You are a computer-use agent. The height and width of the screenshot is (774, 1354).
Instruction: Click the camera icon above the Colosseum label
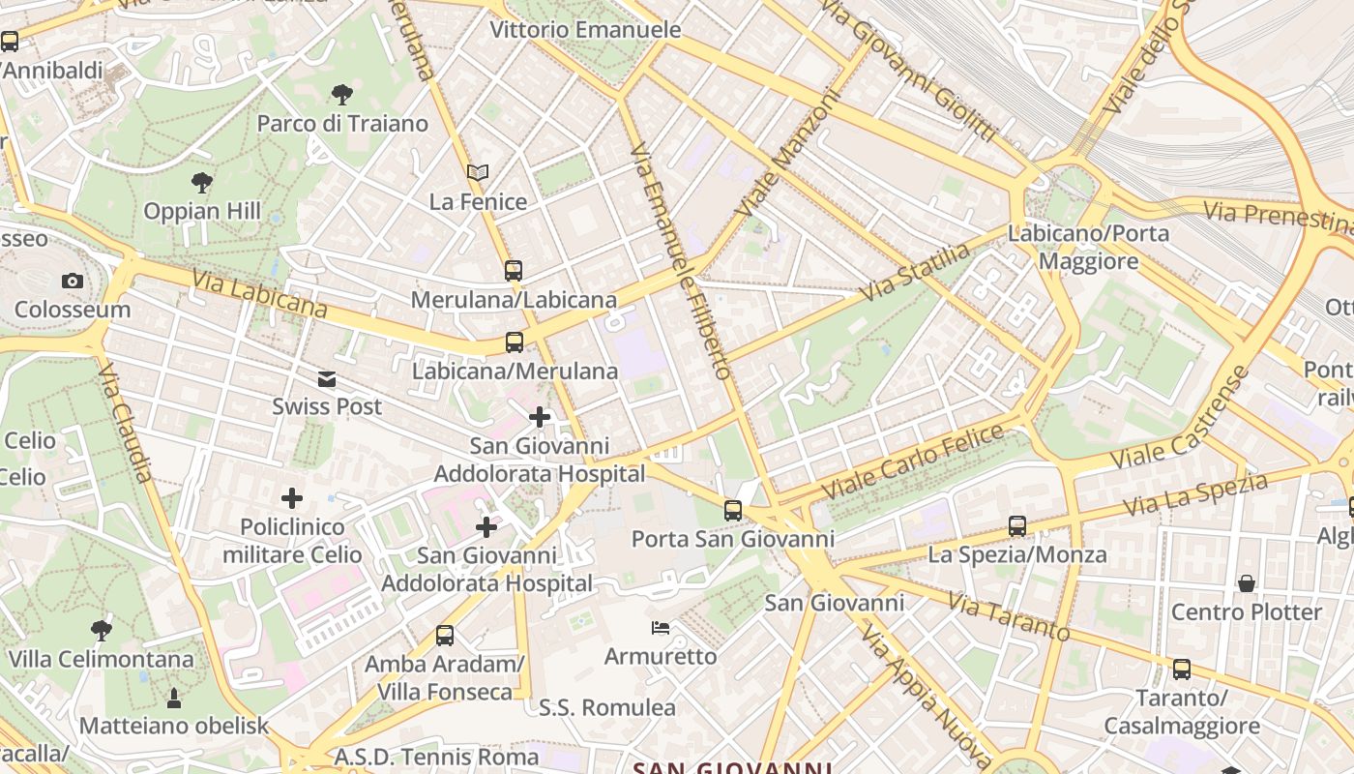pos(72,282)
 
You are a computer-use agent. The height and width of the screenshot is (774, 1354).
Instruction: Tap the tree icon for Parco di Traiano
pos(341,95)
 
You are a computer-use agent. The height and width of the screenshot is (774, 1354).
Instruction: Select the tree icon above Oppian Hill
pos(202,182)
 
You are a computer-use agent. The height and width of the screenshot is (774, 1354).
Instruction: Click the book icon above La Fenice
pos(478,173)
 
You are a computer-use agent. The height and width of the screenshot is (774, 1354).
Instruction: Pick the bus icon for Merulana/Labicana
pos(514,271)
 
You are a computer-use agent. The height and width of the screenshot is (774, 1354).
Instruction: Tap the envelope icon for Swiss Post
pos(327,379)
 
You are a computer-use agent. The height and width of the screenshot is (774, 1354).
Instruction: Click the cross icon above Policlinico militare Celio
pos(292,499)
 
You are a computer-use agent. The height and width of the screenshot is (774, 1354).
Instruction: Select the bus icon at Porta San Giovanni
pos(733,510)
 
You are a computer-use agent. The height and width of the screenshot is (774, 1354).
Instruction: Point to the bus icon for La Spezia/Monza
pos(1017,526)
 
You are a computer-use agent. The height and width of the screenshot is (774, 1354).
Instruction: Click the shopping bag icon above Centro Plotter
pos(1247,583)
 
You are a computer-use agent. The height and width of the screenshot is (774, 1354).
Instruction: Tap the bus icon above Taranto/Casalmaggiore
pos(1182,670)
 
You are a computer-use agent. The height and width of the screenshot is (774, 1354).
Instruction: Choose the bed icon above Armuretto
pos(661,629)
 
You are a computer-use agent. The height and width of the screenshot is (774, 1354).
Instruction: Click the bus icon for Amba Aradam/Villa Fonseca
pos(445,636)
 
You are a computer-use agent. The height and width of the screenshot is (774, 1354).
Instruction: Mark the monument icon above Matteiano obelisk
pos(174,698)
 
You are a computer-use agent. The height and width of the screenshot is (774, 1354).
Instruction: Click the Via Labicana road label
pos(259,293)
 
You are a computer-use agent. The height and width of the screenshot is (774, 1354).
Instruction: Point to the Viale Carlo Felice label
pos(913,462)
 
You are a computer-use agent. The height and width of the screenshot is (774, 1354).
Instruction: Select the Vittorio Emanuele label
pos(585,30)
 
